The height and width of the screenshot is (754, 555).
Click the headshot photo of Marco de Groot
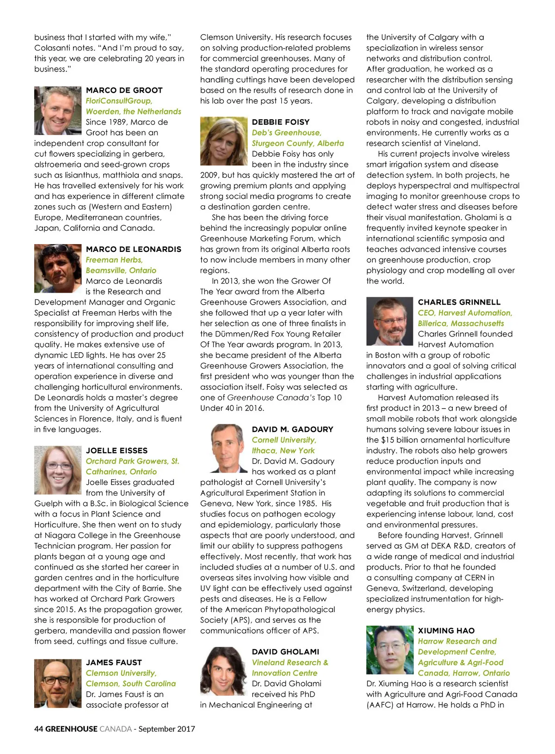58,110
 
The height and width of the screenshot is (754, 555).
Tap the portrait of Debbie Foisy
223,141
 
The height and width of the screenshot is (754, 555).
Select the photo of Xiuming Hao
389,650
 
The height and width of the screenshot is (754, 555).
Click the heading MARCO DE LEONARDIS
133,249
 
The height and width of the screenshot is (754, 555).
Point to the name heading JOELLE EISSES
117,450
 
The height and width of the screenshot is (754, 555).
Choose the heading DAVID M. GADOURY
292,429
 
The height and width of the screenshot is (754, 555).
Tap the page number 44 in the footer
38,729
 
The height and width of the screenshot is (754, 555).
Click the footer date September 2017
166,729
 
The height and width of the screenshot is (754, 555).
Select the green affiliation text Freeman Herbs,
114,260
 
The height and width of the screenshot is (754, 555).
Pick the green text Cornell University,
284,440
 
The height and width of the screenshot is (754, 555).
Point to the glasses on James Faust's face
57,680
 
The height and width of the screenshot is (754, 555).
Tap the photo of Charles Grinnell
389,321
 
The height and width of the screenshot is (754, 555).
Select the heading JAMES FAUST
114,662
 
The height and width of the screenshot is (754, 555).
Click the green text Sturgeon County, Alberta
298,143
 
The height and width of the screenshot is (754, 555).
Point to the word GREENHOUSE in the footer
71,729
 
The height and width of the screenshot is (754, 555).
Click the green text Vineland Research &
290,662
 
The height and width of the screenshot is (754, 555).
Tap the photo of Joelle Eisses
58,470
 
